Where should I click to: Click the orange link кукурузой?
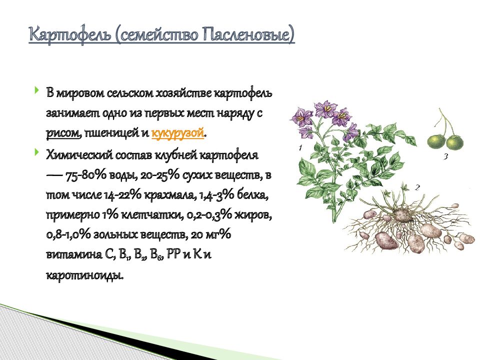pos(177,133)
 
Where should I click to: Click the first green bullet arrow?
pos(37,90)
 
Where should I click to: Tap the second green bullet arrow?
pos(37,151)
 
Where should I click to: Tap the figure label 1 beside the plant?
pos(300,147)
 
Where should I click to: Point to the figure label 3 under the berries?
pos(445,156)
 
